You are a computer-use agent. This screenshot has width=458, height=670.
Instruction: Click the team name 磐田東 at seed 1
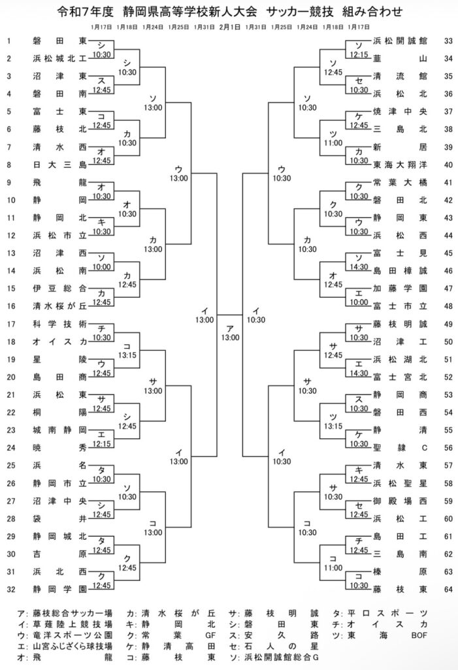pos(59,41)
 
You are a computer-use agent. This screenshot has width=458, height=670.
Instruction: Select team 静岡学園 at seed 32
pos(59,588)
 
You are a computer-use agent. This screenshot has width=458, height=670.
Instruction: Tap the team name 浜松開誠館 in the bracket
pos(400,41)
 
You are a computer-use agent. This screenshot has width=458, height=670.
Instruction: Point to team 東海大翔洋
pos(400,164)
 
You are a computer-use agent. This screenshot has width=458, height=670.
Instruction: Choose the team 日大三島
pos(59,164)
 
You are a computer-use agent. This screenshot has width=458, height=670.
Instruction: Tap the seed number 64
pos(448,588)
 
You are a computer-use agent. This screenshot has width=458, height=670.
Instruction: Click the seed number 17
pos(10,323)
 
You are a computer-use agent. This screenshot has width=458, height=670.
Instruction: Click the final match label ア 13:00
pos(229,333)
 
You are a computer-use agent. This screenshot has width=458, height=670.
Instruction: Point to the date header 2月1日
pos(229,27)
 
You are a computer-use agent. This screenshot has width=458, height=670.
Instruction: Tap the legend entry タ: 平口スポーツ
pos(388,613)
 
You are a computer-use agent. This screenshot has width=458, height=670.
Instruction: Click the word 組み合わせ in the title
pos(372,12)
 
